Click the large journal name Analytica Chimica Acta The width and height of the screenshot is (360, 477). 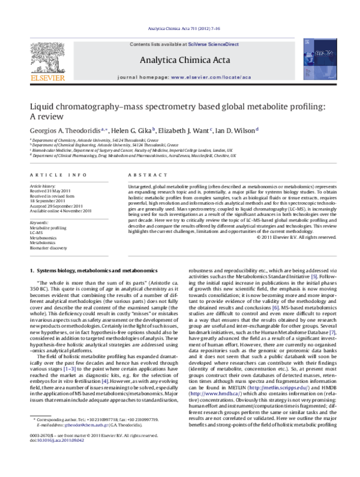(x=179, y=60)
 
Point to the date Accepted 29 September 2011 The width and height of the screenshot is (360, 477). (x=56, y=206)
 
